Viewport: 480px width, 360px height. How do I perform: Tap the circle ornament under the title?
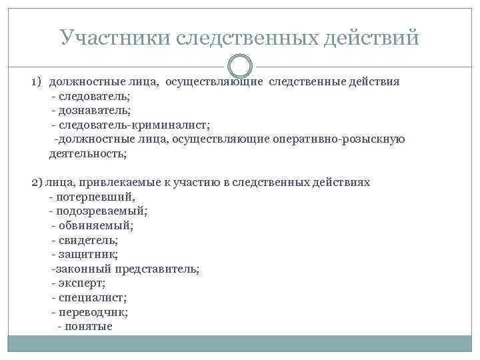[x=240, y=67]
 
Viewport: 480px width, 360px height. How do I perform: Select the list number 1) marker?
[x=37, y=82]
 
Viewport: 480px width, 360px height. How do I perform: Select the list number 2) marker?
[x=37, y=182]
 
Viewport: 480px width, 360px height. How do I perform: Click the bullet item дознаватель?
[x=95, y=111]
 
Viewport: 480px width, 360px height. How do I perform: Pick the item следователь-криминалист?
[x=133, y=125]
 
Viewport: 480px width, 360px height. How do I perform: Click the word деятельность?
[x=87, y=154]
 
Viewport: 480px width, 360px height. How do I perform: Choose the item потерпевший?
[x=96, y=197]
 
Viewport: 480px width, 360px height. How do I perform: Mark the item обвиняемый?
[x=96, y=225]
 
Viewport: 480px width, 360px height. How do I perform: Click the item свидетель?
[x=89, y=240]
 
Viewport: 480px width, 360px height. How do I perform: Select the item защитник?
[x=89, y=255]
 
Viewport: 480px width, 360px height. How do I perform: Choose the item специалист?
[x=93, y=298]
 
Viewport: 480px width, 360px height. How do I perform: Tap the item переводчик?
[x=93, y=312]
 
